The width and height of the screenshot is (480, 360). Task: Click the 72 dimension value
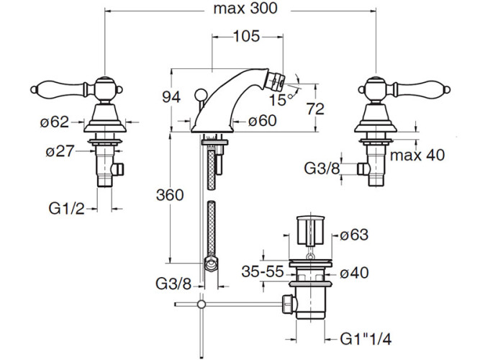click(x=315, y=108)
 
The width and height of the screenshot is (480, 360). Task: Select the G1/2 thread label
click(x=67, y=209)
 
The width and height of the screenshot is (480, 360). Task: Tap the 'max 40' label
click(x=418, y=155)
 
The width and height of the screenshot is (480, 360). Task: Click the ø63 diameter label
click(x=354, y=235)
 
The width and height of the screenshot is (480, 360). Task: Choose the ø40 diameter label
click(x=354, y=273)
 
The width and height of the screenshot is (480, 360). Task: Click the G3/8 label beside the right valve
click(x=320, y=168)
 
